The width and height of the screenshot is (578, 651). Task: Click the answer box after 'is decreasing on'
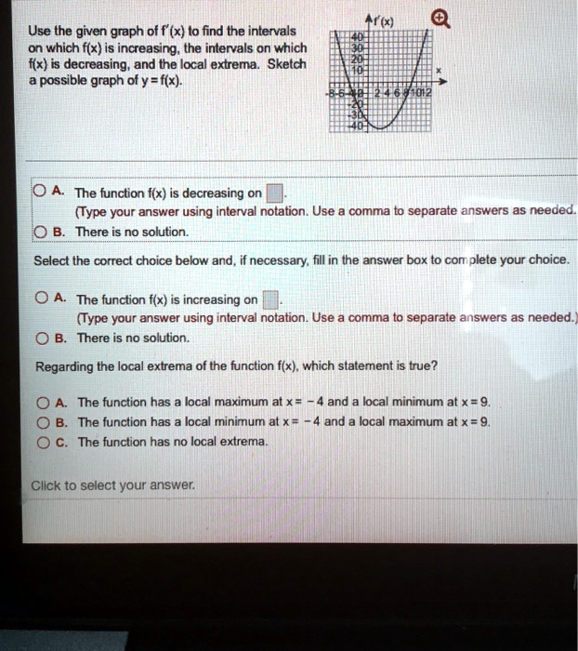click(x=275, y=194)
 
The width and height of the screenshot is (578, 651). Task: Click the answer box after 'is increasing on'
click(x=269, y=300)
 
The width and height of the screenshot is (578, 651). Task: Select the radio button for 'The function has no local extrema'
click(x=42, y=442)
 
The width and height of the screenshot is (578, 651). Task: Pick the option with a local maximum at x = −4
click(x=42, y=403)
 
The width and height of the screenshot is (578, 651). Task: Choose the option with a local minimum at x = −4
click(x=42, y=422)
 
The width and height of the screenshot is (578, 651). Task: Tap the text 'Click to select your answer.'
click(x=113, y=485)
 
